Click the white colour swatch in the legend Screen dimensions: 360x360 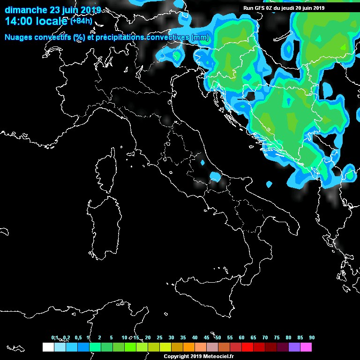[x=48, y=347]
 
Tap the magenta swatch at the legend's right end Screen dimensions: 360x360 [x=306, y=347]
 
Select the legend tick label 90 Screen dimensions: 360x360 [x=312, y=338]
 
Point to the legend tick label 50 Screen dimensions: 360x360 [x=218, y=338]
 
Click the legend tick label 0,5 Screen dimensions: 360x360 [x=77, y=338]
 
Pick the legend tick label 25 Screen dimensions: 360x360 [x=159, y=338]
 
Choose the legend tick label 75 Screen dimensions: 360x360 [x=277, y=338]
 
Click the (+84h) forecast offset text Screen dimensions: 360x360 [x=81, y=21]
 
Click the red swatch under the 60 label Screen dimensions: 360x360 [x=247, y=347]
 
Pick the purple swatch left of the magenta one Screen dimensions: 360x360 [x=294, y=347]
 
